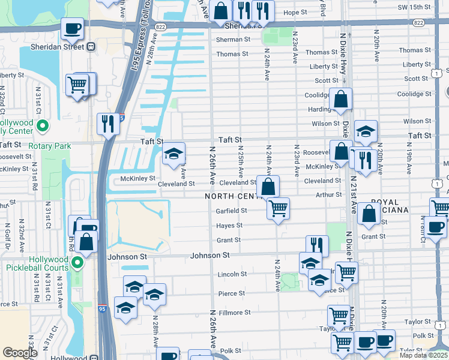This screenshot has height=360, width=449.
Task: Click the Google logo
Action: pos(20,353)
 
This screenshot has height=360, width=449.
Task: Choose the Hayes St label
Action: pos(230,226)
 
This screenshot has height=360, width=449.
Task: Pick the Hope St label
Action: pos(295,12)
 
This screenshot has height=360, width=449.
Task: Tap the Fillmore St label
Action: pos(235,313)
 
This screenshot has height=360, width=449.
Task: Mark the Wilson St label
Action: pos(325,124)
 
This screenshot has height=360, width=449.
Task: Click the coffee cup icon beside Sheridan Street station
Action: pos(72,28)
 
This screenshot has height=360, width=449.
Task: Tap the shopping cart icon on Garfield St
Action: pos(278,209)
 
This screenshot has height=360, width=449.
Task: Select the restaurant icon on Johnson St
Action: pos(317,245)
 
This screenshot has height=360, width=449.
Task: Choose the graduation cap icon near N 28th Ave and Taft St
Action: pos(174,154)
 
